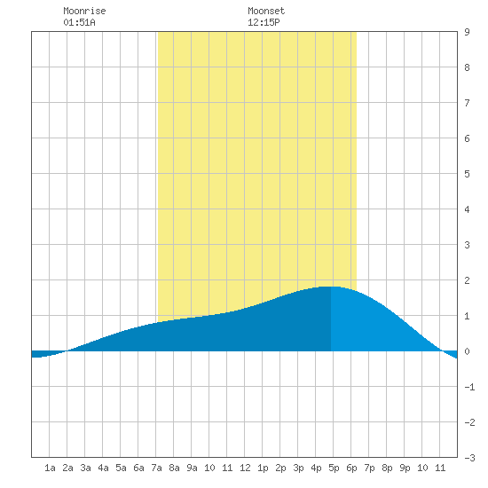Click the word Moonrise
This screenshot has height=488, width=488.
pyautogui.click(x=84, y=11)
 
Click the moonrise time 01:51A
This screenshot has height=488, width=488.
pyautogui.click(x=79, y=22)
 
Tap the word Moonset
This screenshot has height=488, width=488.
pyautogui.click(x=266, y=11)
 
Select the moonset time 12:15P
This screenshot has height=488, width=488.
pyautogui.click(x=264, y=22)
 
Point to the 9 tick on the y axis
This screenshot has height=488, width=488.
pyautogui.click(x=467, y=32)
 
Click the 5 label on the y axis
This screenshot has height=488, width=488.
pyautogui.click(x=467, y=174)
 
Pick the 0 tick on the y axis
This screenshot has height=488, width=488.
pyautogui.click(x=467, y=351)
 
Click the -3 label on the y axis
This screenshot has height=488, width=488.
pyautogui.click(x=469, y=458)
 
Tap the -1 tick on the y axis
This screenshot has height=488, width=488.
pyautogui.click(x=469, y=387)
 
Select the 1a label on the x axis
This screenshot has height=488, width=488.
pyautogui.click(x=50, y=468)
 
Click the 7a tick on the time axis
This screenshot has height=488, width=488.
pyautogui.click(x=156, y=468)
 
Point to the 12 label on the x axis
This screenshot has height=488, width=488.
pyautogui.click(x=245, y=468)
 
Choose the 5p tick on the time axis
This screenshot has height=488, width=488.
pyautogui.click(x=334, y=468)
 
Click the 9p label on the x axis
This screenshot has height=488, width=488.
pyautogui.click(x=405, y=468)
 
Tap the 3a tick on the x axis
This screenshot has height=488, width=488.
pyautogui.click(x=85, y=468)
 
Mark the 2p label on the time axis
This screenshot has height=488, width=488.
pyautogui.click(x=280, y=468)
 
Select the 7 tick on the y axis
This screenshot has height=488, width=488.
pyautogui.click(x=467, y=103)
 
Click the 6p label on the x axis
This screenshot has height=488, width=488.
pyautogui.click(x=351, y=468)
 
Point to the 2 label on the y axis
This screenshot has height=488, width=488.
pyautogui.click(x=467, y=280)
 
